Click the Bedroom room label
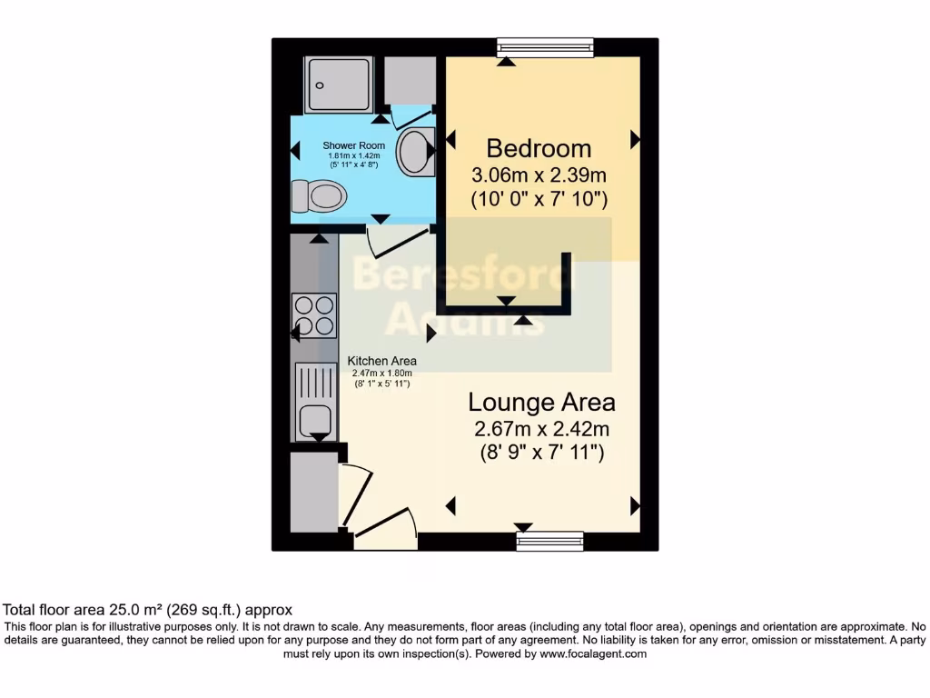coord(539,148)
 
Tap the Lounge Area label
coord(541,402)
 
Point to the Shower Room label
coord(353,145)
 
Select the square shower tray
coord(339,85)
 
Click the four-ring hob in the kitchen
coord(313,315)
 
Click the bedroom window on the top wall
coord(545,47)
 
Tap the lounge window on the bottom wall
coord(550,542)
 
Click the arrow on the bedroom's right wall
coord(635,139)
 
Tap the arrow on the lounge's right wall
coord(635,506)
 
